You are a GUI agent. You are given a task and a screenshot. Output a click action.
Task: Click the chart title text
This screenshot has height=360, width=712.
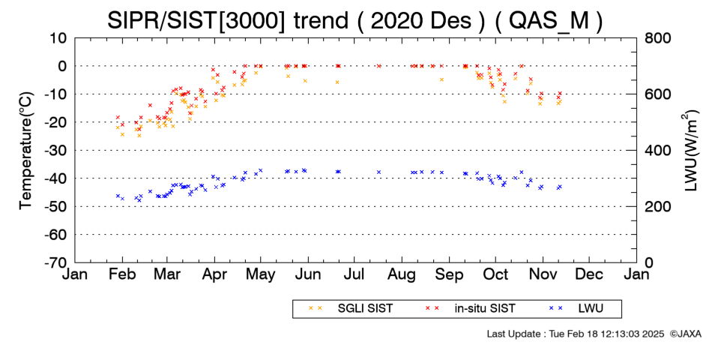click(355, 20)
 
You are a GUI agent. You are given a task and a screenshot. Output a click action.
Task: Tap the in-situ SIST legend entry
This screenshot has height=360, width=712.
click(470, 309)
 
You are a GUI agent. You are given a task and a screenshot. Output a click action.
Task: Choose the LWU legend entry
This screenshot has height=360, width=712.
click(576, 309)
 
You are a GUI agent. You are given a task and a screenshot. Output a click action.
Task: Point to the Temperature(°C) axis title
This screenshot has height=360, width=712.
click(27, 151)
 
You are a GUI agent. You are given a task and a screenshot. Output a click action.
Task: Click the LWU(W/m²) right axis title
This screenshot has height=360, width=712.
click(690, 151)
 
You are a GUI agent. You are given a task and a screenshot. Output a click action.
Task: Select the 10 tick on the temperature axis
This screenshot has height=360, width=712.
click(58, 37)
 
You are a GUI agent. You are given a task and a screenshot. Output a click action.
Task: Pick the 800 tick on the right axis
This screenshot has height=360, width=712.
click(657, 37)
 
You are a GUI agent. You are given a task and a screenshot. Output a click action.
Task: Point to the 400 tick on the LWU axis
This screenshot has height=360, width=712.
click(657, 151)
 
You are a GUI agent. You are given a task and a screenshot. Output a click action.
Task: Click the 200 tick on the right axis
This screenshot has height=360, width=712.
click(657, 207)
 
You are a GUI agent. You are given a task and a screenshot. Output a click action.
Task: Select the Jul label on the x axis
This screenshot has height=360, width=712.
click(355, 274)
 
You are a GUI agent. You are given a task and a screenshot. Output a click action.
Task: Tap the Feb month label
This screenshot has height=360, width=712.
click(122, 274)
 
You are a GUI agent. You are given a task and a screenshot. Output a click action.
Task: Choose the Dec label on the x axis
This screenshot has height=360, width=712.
click(589, 274)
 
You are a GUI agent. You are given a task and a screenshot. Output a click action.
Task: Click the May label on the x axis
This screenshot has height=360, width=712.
click(261, 274)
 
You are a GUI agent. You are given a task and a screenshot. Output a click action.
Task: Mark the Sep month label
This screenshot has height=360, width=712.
click(449, 274)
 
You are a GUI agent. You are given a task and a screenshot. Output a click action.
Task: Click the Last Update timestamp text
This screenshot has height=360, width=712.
click(576, 334)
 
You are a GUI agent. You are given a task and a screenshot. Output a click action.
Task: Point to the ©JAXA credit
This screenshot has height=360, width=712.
click(685, 334)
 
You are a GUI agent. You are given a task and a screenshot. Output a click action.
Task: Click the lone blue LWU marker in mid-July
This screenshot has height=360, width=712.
click(378, 172)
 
